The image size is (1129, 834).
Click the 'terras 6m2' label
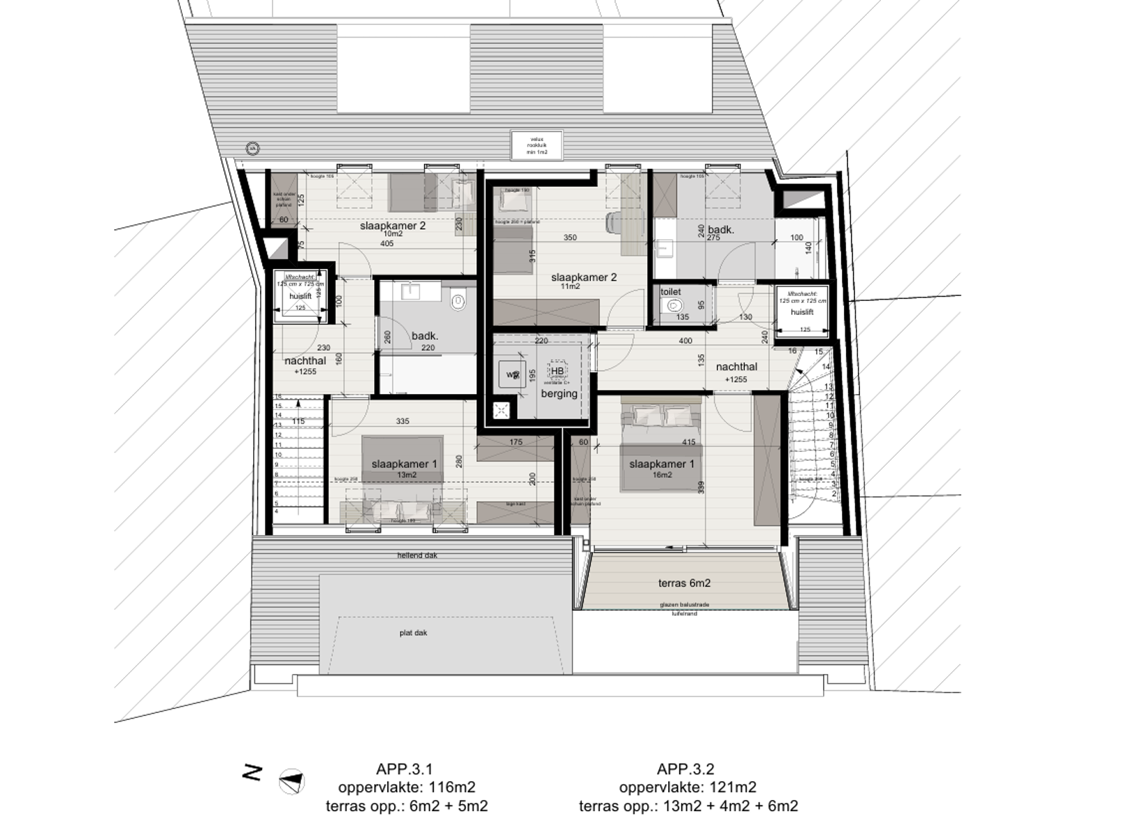pyautogui.click(x=684, y=583)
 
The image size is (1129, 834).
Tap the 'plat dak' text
pyautogui.click(x=413, y=632)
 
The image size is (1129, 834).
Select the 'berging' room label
pyautogui.click(x=559, y=393)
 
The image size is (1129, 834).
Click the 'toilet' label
pyautogui.click(x=670, y=292)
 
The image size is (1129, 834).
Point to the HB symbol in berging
pyautogui.click(x=557, y=370)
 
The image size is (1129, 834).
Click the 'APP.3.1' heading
pyautogui.click(x=404, y=769)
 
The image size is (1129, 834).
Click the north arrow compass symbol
pyautogui.click(x=291, y=782)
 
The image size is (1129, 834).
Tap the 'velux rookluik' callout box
pyautogui.click(x=537, y=145)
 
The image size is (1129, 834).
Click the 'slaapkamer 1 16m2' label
pyautogui.click(x=661, y=468)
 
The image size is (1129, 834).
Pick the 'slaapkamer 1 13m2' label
pyautogui.click(x=404, y=468)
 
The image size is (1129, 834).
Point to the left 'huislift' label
pyautogui.click(x=300, y=296)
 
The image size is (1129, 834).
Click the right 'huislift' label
pyautogui.click(x=802, y=312)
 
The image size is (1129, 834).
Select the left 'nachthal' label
pyautogui.click(x=304, y=361)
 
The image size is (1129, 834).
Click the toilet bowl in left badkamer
pyautogui.click(x=457, y=302)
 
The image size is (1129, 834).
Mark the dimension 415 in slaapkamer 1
pyautogui.click(x=688, y=442)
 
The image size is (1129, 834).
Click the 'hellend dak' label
pyautogui.click(x=417, y=555)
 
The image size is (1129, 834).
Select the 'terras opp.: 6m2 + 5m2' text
pyautogui.click(x=406, y=806)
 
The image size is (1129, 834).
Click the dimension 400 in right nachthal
pyautogui.click(x=685, y=341)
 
